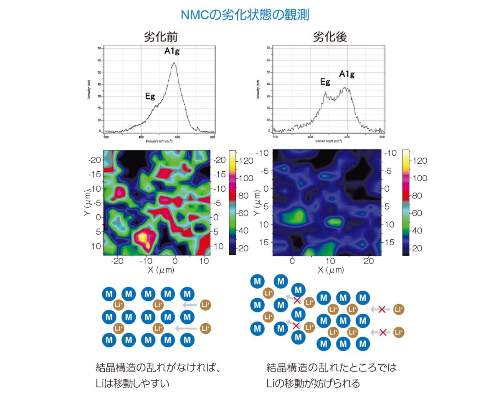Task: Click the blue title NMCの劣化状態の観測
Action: [245, 15]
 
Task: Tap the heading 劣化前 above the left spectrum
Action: [161, 37]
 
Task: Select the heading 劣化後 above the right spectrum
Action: [330, 37]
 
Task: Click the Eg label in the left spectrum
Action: [150, 96]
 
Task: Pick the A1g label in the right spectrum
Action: [347, 74]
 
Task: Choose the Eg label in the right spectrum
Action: [325, 82]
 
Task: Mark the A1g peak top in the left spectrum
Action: [174, 63]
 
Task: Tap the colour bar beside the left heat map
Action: [233, 203]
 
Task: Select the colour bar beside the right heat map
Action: [405, 203]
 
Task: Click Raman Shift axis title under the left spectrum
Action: [159, 141]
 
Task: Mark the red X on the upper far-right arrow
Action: [382, 310]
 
